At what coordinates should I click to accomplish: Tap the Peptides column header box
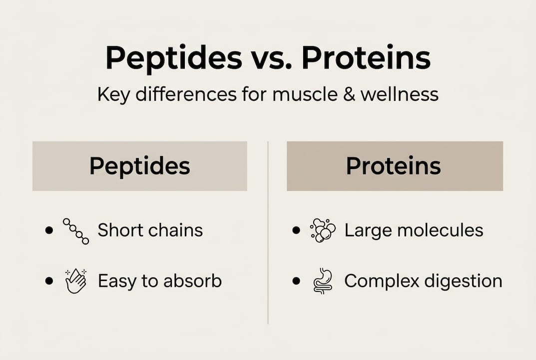click(x=139, y=166)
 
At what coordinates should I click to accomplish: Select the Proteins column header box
click(x=394, y=166)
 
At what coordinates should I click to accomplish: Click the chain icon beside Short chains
click(x=76, y=231)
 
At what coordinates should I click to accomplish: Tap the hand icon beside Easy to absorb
click(x=75, y=280)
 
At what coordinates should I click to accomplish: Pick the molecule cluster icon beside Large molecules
click(x=323, y=231)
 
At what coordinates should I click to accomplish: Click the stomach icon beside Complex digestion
click(x=322, y=280)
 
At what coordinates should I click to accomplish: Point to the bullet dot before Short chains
click(x=48, y=231)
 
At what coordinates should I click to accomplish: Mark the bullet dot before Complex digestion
click(x=297, y=281)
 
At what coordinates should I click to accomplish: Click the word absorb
click(x=193, y=281)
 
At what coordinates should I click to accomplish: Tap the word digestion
click(x=463, y=281)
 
